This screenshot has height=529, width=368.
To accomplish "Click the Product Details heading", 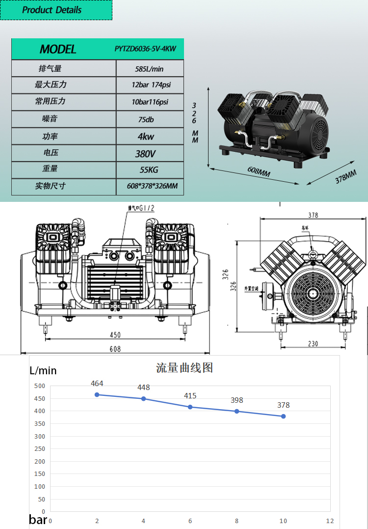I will pos(52,10).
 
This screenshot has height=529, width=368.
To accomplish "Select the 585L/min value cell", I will pos(150,69).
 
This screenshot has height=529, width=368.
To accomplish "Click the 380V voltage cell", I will pos(145,154).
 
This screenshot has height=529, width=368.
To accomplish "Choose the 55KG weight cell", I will pos(148,170).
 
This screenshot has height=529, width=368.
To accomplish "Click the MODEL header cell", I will pos(58,49).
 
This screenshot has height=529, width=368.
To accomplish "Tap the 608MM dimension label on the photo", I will pos(259,173).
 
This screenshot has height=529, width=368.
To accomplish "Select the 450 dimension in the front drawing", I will pos(115,335).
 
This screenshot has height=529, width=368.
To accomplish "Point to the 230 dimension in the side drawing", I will pos(313,344).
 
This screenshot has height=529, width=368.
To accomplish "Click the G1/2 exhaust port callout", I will pos(141,208).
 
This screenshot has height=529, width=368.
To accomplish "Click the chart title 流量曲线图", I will pos(184,368).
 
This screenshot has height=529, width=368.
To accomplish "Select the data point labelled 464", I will pos(97,394).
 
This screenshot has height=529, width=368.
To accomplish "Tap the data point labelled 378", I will pos(283,416).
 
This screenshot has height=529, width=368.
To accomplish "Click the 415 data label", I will pos(190,395).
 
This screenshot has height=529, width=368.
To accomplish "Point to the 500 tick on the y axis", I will pos(40,386).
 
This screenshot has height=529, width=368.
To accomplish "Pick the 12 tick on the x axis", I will pos(330,521).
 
